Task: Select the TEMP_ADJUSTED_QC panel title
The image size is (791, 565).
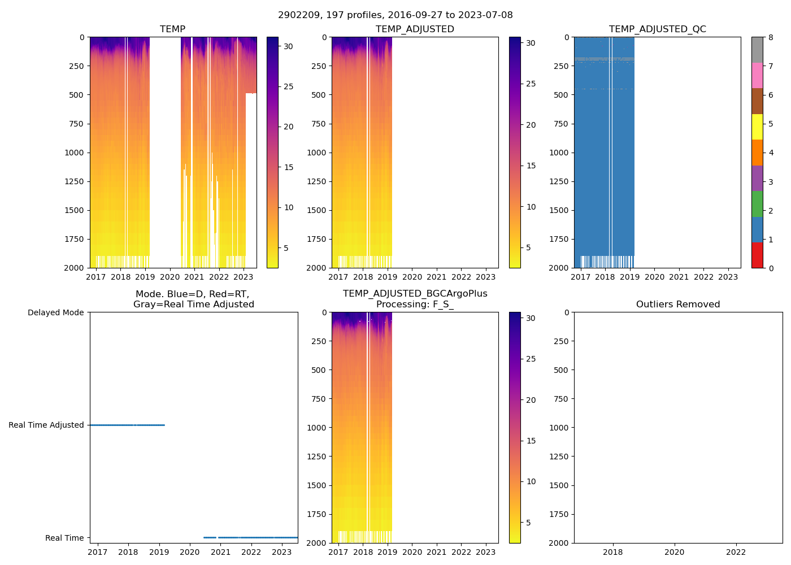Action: (657, 29)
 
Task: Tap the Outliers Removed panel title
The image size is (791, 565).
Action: (678, 304)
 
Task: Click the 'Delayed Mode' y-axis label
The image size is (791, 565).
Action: (55, 312)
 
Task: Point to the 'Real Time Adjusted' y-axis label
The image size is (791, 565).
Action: (46, 425)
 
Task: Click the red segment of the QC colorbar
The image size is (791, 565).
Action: (757, 255)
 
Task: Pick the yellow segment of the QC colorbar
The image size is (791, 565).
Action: (757, 127)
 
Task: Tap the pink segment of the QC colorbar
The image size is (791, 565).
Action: (757, 75)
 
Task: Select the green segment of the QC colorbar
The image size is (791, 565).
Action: (757, 203)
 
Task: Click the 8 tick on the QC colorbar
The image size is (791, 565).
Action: (771, 37)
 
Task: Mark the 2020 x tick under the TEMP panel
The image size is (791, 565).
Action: (169, 277)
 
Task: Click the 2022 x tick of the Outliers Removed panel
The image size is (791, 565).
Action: (736, 552)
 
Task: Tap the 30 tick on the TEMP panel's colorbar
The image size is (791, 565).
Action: (288, 46)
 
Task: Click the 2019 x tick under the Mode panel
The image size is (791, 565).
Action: (159, 552)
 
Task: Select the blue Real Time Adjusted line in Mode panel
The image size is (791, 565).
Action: (127, 425)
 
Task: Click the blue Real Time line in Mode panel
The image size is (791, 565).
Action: (254, 537)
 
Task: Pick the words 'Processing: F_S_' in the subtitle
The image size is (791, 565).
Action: (415, 304)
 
